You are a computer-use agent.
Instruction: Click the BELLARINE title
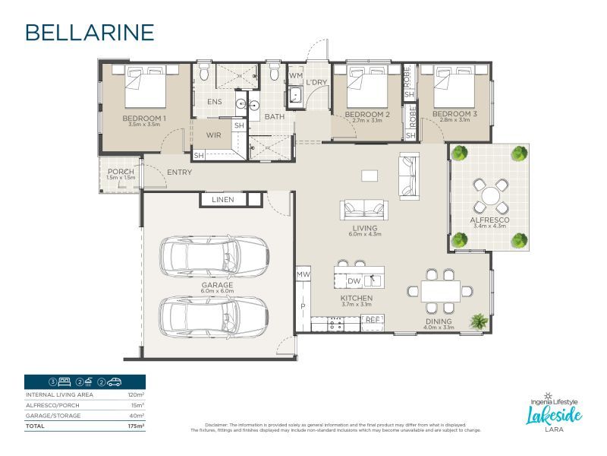(x=90, y=32)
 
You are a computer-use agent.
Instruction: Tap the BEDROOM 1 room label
(x=144, y=119)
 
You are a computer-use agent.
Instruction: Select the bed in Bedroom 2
(x=367, y=90)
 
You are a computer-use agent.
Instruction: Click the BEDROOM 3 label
(x=454, y=114)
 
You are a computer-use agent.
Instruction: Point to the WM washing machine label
(x=296, y=77)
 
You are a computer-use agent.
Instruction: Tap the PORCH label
(x=121, y=172)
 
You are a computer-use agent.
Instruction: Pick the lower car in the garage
(x=214, y=313)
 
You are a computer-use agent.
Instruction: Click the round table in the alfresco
(x=491, y=192)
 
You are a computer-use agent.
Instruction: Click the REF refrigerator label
(x=372, y=321)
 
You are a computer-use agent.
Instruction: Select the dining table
(x=440, y=290)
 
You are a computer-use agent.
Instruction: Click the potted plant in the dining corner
(x=479, y=321)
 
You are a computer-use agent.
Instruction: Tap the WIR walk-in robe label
(x=214, y=135)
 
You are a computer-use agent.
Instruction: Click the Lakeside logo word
(x=555, y=416)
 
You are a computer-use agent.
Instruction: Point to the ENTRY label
(x=179, y=173)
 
